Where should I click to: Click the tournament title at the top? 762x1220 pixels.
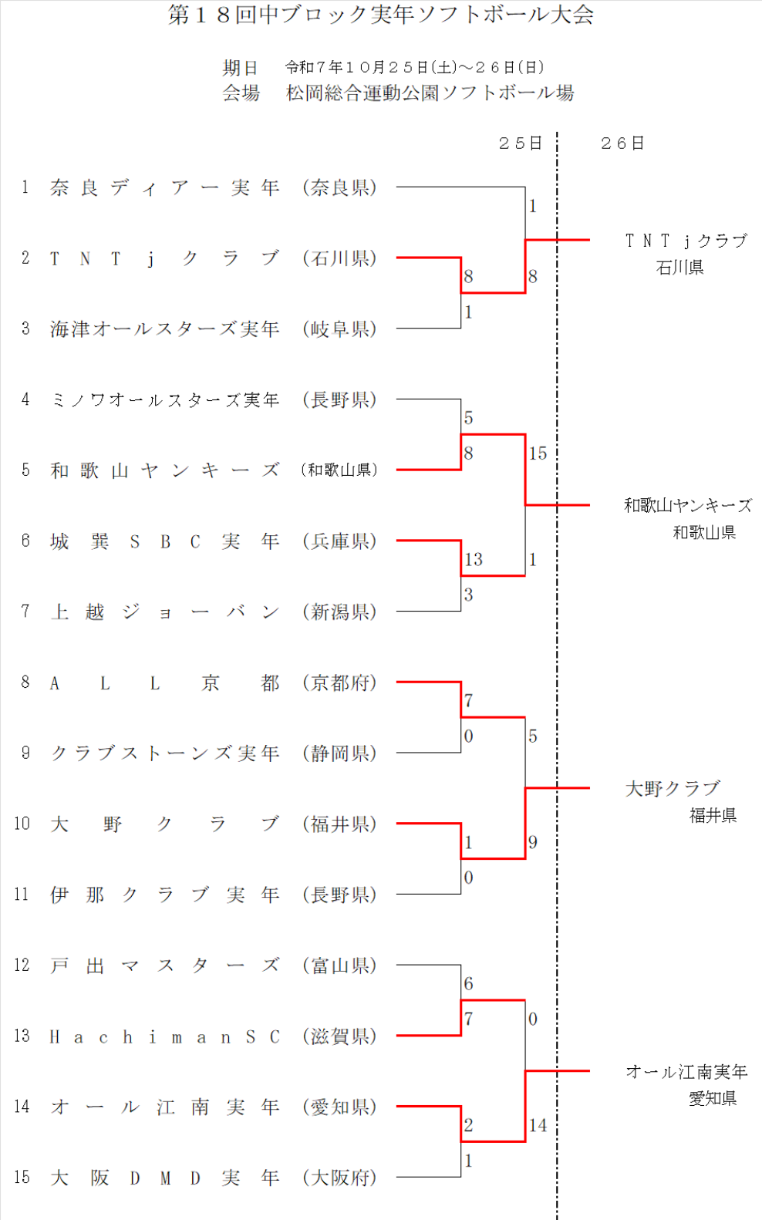point(381,15)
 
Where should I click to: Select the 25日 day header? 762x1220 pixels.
point(520,143)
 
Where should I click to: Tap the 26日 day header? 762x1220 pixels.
point(622,143)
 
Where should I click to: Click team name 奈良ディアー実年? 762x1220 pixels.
point(164,187)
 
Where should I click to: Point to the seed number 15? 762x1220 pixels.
point(22,1178)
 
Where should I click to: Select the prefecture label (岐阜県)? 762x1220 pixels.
point(339,329)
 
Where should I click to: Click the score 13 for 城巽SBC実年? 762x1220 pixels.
point(474,559)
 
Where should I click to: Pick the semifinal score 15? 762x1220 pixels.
point(538,453)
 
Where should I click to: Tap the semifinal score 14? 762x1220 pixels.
point(538,1126)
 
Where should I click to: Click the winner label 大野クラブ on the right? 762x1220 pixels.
point(673,788)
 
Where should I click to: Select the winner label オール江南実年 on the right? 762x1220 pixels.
point(686,1072)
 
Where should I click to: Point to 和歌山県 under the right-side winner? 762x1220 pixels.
point(704,533)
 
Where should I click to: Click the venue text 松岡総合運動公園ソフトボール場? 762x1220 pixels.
point(430,93)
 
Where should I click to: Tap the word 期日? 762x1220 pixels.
point(241,68)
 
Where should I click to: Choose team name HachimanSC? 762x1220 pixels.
point(164,1037)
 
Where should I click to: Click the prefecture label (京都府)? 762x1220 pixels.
point(339,682)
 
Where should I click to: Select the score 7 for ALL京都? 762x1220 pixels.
point(468,701)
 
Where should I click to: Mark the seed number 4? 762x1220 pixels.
point(25,399)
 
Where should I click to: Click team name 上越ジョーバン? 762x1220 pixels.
point(164,612)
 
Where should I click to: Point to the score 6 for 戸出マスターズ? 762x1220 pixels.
point(468,984)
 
